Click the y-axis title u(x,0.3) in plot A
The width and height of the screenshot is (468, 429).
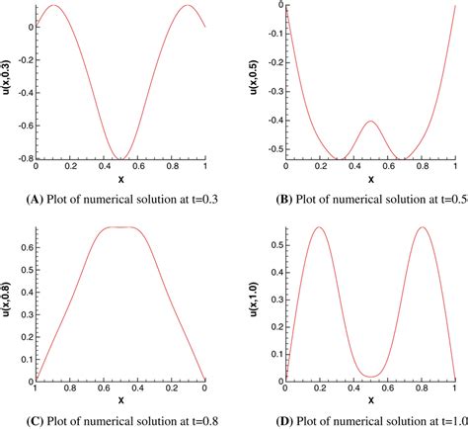8,80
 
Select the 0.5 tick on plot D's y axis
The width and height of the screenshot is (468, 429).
273,243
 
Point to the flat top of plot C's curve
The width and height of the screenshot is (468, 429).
120,227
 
